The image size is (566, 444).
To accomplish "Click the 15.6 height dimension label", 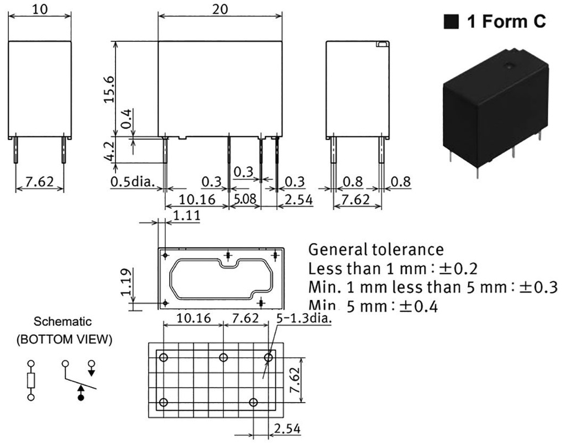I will [x=110, y=88].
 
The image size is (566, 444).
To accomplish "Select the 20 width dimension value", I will [x=219, y=10].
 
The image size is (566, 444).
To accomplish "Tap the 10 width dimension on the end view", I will [x=40, y=10].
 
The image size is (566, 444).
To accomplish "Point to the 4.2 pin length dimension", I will [x=110, y=150].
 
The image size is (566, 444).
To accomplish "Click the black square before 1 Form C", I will [x=452, y=22].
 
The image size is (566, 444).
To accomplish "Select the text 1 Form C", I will [x=506, y=22].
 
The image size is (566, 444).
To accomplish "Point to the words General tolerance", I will [x=376, y=249].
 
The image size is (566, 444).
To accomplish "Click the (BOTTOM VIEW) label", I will [x=63, y=340].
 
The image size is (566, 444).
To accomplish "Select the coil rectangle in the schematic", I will [x=31, y=380].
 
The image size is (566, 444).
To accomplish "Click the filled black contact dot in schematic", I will [x=81, y=397].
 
